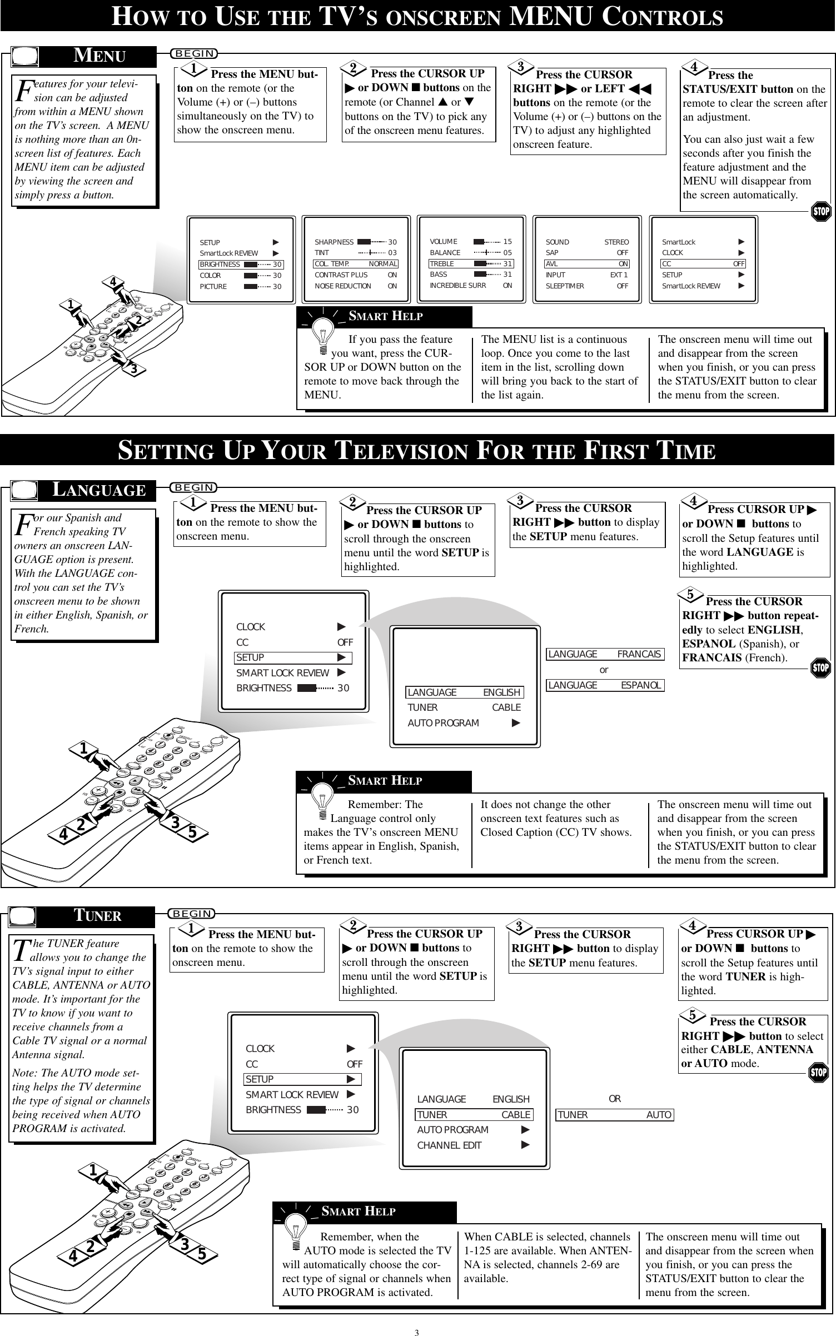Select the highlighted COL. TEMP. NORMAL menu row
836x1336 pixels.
[356, 264]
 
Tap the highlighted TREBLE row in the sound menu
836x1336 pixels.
[471, 263]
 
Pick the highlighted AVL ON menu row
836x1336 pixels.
[587, 264]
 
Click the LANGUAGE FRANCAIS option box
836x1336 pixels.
[605, 654]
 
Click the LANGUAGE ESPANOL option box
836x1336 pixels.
[605, 685]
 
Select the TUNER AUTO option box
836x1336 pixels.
[615, 1115]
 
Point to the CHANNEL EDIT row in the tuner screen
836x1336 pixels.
[473, 1145]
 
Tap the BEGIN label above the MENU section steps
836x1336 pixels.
[195, 53]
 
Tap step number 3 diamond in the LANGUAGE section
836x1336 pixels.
[520, 501]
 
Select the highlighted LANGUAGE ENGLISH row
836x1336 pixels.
[464, 692]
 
